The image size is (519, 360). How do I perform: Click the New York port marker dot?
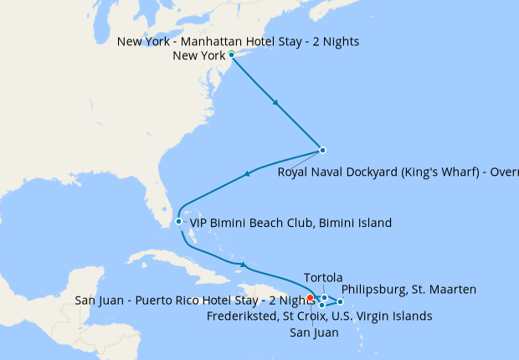point(231,55)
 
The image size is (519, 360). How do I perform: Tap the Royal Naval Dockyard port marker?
point(322,151)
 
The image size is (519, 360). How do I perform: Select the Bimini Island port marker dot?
point(178,222)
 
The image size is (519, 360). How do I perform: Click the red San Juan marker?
point(310,297)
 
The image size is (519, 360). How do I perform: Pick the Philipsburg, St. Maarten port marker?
point(340,301)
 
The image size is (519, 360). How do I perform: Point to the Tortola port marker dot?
point(325,297)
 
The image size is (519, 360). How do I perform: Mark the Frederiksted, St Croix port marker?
point(321,305)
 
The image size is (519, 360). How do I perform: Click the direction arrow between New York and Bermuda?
point(276,103)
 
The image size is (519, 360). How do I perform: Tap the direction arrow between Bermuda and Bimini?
point(247,174)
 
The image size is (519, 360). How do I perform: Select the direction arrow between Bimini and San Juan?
point(243,266)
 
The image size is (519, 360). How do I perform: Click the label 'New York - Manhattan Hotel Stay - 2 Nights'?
point(239,42)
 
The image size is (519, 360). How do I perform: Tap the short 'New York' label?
point(198,56)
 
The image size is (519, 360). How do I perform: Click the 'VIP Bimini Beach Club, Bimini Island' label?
point(290,223)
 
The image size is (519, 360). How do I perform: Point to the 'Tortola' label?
point(323,277)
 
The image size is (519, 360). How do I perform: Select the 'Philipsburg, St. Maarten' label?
point(409,290)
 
